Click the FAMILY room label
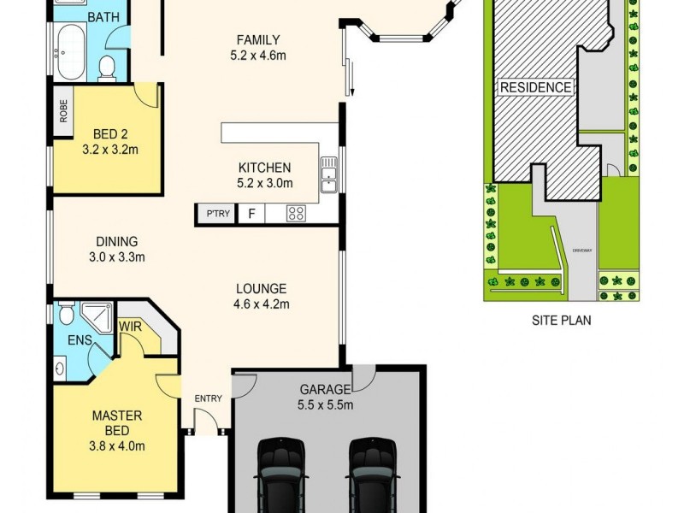(258, 39)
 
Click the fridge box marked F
(251, 214)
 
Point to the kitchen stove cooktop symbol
(297, 214)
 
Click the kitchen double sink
(328, 174)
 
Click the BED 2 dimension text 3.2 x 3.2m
(109, 150)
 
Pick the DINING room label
(117, 242)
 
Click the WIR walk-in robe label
(131, 326)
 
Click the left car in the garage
(283, 475)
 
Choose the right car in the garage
(373, 475)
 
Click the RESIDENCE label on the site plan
(535, 87)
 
